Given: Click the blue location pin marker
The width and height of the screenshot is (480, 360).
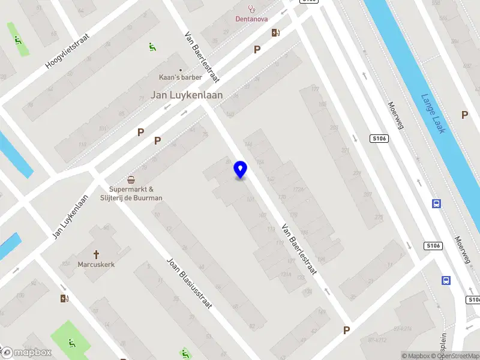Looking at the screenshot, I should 241,170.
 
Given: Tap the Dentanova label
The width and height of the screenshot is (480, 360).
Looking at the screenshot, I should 251,19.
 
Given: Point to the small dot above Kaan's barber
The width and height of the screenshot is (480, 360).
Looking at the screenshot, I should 180,70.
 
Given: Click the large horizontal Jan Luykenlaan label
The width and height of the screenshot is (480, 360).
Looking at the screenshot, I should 186,95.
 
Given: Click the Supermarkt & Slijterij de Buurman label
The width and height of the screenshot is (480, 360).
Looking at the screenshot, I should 136,193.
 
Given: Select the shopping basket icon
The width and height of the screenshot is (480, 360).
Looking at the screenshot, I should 131,180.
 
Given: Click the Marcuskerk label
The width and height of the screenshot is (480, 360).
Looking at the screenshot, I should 96,264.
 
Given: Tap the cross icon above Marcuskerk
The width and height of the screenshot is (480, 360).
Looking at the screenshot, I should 96,254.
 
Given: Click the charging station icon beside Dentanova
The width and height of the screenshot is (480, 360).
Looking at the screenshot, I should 275,33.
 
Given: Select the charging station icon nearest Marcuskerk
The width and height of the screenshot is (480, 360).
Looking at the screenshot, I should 64,298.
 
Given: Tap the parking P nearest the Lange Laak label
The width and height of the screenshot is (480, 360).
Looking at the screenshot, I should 464,115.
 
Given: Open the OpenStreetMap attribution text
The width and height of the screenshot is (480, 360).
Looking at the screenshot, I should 459,356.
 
